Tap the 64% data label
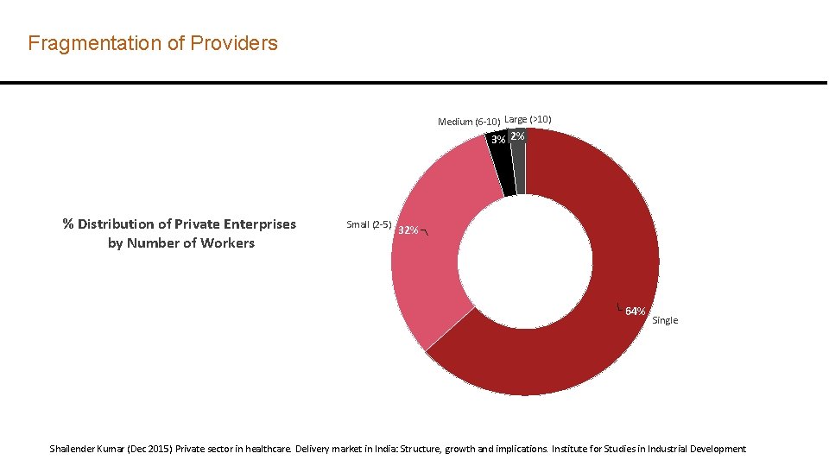[x=635, y=311]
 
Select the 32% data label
[x=408, y=230]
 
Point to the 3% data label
[x=498, y=140]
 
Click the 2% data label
[x=516, y=136]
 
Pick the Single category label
[x=665, y=320]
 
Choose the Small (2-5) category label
[x=369, y=224]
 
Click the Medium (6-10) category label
[x=468, y=122]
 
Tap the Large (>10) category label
[x=528, y=119]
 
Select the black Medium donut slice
[x=503, y=168]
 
